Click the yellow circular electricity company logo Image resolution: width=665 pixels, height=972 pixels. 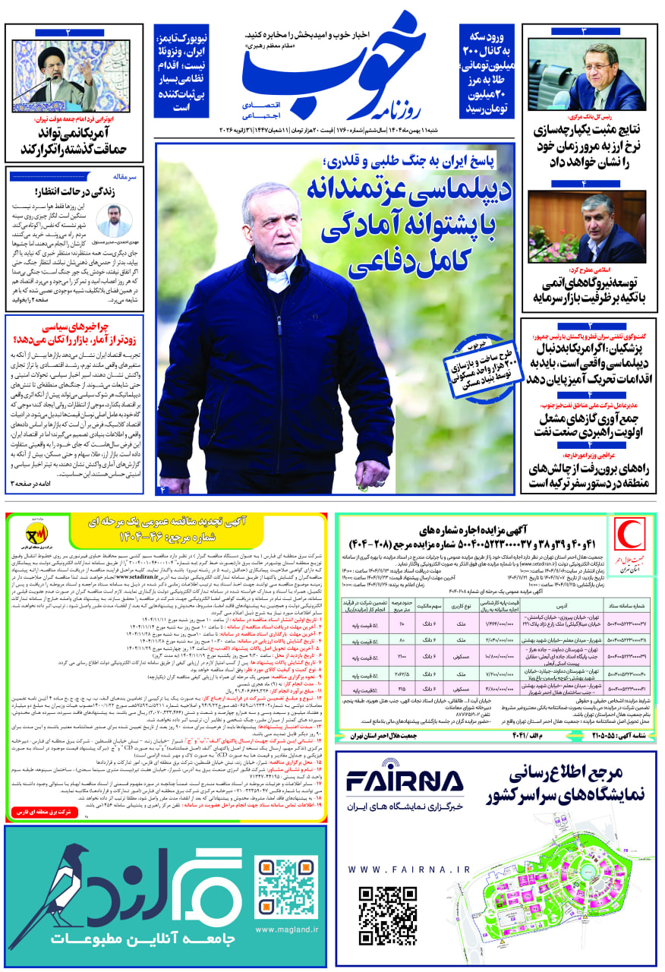point(36,532)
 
